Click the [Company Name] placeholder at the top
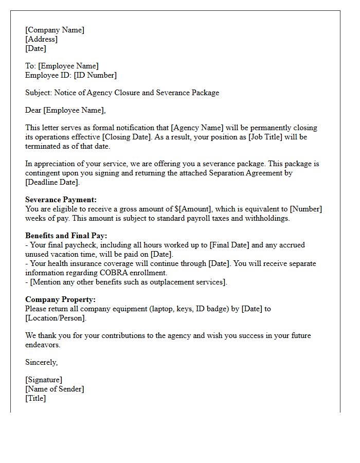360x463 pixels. pos(55,30)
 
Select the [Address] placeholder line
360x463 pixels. pos(41,39)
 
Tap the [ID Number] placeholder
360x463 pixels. pos(95,75)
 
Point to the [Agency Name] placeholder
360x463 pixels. pos(195,128)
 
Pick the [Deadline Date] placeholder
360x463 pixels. pos(52,182)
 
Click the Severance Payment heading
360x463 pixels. pos(61,200)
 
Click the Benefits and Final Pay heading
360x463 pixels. pos(66,236)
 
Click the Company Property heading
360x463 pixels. pos(60,299)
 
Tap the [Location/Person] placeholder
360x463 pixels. pos(56,318)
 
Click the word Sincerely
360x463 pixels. pos(41,362)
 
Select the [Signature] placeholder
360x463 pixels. pos(44,380)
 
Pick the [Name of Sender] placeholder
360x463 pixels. pos(55,389)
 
